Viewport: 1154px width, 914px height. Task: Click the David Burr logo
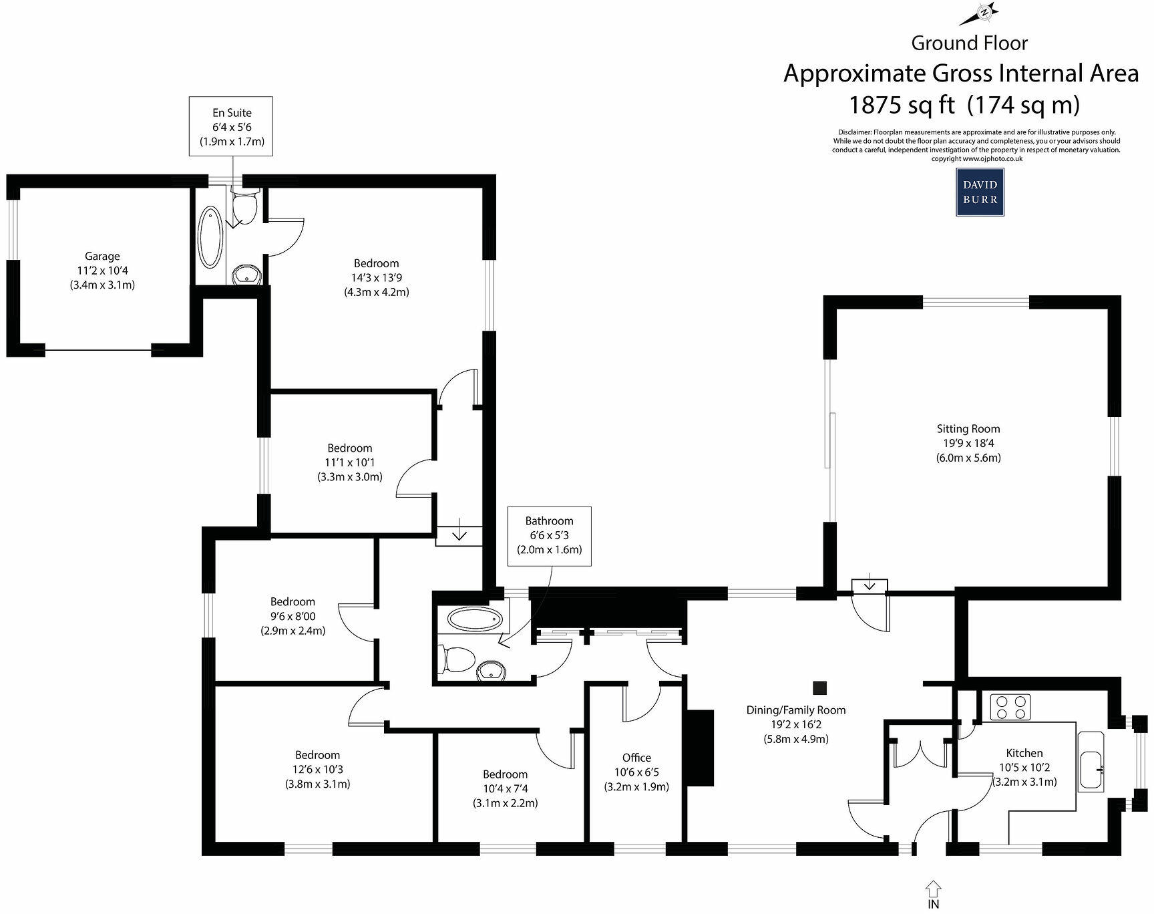click(980, 192)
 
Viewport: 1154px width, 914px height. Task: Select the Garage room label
click(102, 256)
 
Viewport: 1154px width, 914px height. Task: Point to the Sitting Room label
click(968, 429)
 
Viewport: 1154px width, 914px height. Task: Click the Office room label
click(636, 758)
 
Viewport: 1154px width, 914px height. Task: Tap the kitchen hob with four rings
click(1010, 707)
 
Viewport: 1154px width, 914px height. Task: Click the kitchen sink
click(1091, 770)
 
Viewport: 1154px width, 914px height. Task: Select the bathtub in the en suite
click(211, 237)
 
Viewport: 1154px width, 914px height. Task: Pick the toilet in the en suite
click(244, 208)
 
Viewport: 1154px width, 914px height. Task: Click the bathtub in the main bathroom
click(474, 619)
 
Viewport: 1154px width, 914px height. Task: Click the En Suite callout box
click(231, 127)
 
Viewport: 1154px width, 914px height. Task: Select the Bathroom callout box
click(549, 536)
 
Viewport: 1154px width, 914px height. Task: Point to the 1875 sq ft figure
click(902, 105)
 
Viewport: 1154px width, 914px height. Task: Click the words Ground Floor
click(969, 43)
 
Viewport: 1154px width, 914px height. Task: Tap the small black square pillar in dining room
click(819, 688)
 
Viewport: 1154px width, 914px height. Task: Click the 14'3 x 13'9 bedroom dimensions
click(377, 278)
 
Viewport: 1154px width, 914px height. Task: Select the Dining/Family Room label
click(795, 710)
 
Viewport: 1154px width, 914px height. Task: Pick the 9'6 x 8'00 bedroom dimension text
click(293, 616)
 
